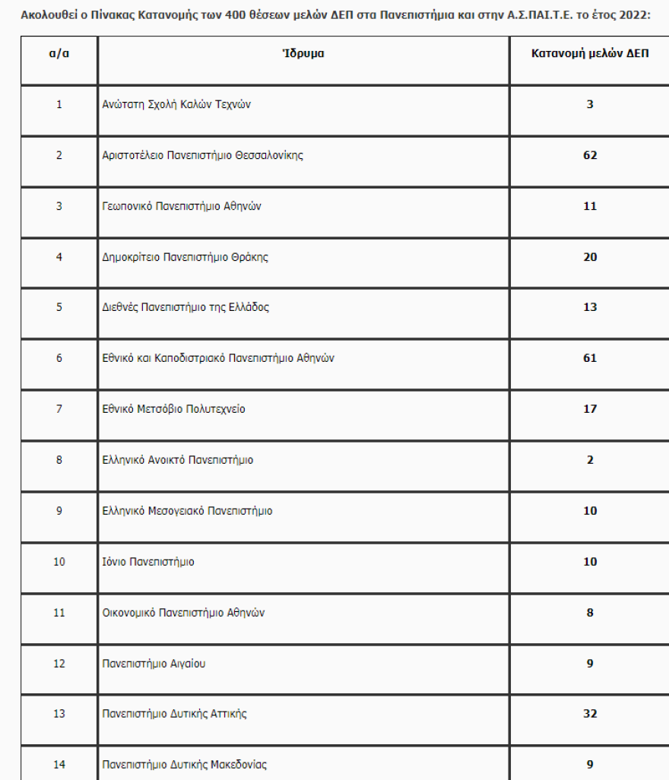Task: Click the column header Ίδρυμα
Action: tap(303, 54)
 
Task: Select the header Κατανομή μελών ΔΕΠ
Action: tap(590, 54)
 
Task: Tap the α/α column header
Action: tap(59, 54)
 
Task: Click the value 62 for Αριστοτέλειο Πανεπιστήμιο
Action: tap(590, 155)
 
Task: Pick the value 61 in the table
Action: tap(590, 358)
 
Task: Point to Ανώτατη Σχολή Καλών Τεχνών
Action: tap(176, 105)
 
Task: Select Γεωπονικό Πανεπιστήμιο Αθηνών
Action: tap(182, 206)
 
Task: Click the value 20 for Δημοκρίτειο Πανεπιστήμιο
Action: tap(590, 257)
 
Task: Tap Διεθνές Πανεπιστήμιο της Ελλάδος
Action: tap(185, 308)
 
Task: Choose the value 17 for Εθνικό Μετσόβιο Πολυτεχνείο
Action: tap(590, 409)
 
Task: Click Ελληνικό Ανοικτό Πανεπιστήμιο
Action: tap(178, 460)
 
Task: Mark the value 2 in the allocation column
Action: tap(590, 460)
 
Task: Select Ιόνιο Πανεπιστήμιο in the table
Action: tap(148, 562)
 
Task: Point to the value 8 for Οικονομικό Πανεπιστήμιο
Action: tap(590, 613)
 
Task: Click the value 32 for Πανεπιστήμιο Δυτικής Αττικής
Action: tap(590, 714)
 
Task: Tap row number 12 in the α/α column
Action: tap(59, 664)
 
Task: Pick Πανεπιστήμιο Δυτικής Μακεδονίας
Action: tap(185, 765)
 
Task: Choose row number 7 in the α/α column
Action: tap(59, 409)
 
